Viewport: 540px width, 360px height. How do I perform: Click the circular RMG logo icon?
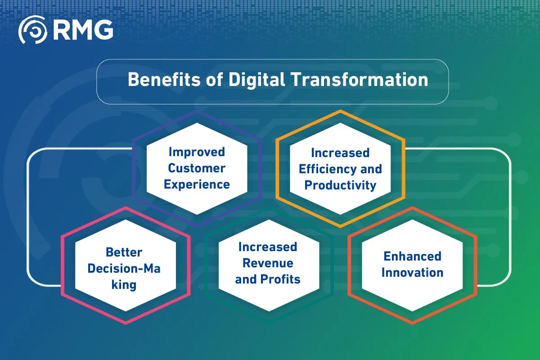33,30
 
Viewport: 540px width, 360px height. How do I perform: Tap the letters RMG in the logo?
83,30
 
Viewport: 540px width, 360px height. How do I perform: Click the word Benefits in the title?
164,80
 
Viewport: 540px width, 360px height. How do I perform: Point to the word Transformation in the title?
360,80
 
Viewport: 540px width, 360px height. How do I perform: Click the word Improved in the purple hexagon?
197,153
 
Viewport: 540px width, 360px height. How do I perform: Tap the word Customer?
197,168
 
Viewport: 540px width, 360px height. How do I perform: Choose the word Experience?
197,185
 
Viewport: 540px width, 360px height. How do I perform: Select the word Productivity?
340,185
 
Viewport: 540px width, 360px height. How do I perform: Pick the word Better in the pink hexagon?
124,252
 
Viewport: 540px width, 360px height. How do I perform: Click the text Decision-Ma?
124,269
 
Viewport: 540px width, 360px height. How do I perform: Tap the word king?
124,285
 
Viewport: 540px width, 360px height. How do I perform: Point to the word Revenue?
268,263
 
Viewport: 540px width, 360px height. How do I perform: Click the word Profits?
280,279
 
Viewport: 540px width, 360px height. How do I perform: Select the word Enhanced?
413,256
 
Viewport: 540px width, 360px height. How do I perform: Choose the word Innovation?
413,272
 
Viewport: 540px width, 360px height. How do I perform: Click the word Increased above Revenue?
268,247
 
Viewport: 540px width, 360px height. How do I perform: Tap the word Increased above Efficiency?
340,153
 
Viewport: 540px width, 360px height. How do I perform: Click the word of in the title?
214,80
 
